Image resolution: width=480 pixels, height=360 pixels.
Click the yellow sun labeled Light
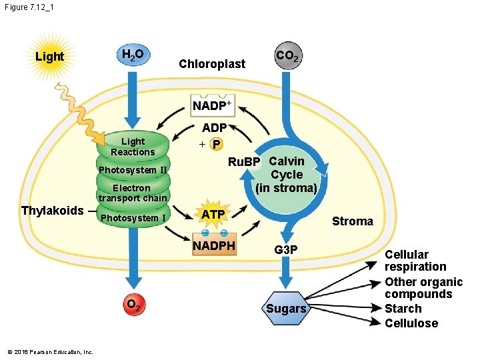50,57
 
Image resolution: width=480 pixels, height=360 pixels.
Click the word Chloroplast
212,64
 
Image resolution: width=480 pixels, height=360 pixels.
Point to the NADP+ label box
212,106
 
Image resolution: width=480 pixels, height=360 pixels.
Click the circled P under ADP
216,145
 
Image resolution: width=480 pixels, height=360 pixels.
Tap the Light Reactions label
133,147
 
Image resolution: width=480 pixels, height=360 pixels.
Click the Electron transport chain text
132,193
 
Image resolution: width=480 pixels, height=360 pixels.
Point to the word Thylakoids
53,211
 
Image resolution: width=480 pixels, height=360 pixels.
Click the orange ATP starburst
213,215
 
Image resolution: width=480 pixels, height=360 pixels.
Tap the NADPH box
214,246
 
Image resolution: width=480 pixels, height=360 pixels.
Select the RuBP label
243,162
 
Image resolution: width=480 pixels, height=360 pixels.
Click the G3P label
287,249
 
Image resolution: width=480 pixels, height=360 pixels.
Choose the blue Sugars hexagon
286,309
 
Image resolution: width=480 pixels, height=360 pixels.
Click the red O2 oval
133,306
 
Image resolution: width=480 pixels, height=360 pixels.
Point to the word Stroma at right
352,221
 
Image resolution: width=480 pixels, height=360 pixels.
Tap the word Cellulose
411,323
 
